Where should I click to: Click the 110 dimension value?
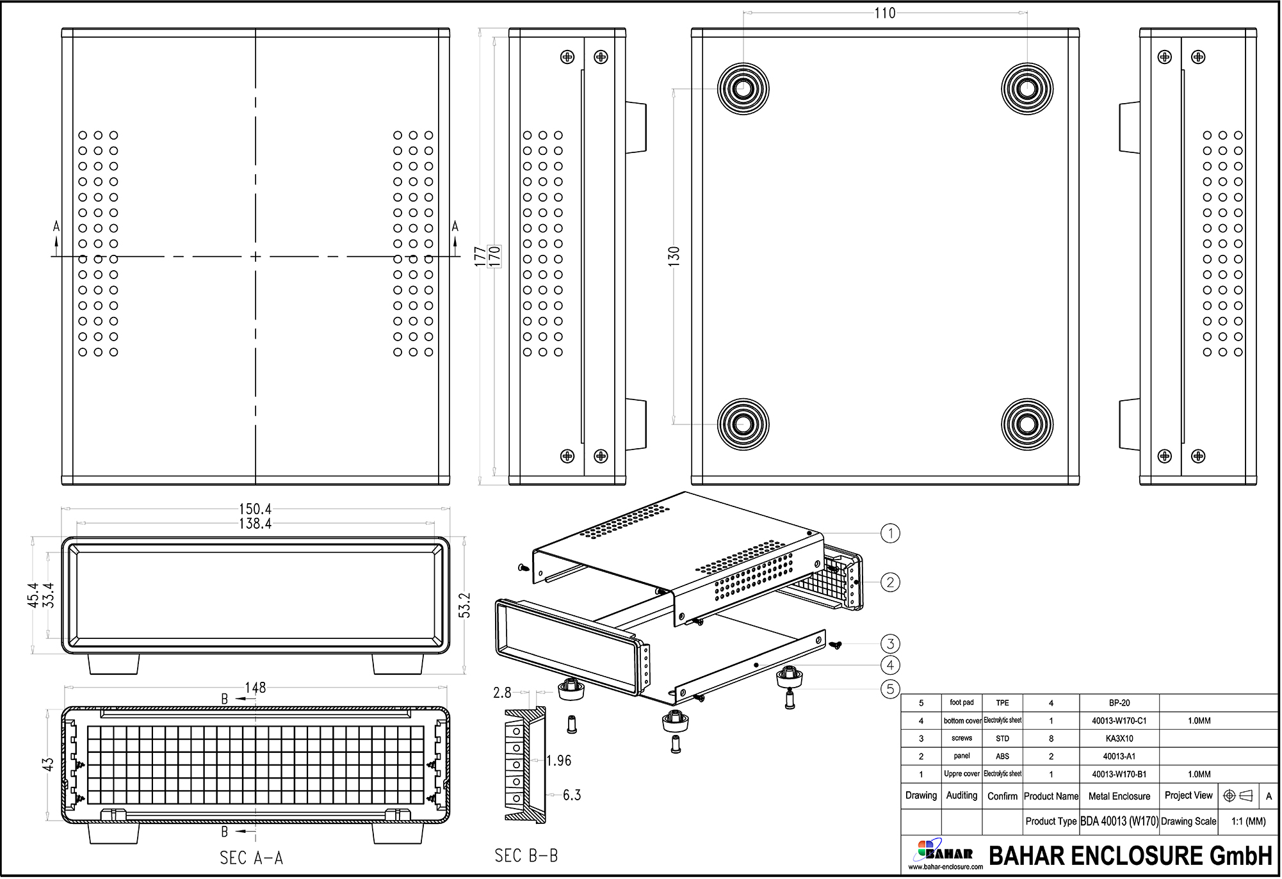[884, 13]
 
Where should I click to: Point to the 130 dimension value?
[674, 256]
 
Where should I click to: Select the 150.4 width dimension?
[255, 509]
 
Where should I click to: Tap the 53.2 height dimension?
[465, 605]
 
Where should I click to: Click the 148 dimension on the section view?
[255, 688]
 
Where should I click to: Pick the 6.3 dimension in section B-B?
[572, 795]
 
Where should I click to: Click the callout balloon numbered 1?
[890, 533]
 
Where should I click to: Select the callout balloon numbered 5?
[890, 689]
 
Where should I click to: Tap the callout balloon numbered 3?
[890, 643]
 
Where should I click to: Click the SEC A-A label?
[251, 858]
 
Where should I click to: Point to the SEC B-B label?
[526, 856]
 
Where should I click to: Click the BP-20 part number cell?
[1119, 703]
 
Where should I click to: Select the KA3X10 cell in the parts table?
[1119, 739]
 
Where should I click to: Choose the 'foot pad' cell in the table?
[961, 702]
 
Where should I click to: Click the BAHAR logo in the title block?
[945, 853]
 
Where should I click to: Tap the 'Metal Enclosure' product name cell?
[1119, 796]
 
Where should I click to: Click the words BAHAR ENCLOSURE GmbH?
[1130, 856]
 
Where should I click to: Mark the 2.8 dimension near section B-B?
[502, 693]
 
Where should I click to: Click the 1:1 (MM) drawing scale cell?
[1248, 821]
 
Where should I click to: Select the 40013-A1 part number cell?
[1119, 756]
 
